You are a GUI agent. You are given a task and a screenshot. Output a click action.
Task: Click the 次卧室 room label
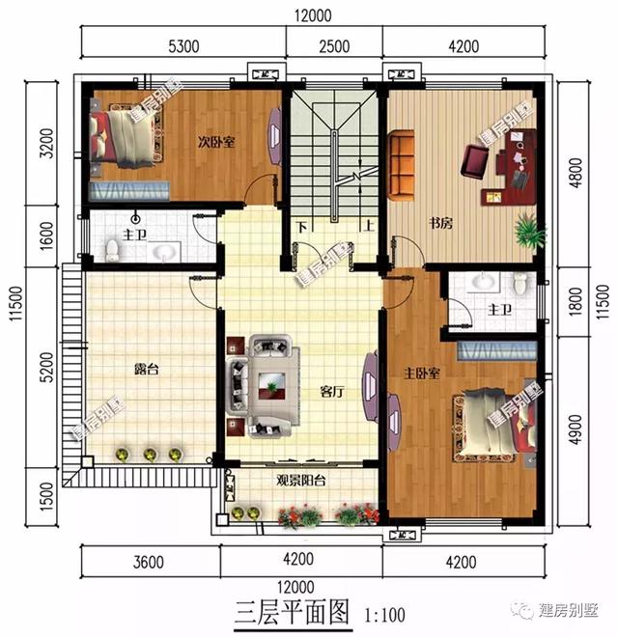[x=217, y=142]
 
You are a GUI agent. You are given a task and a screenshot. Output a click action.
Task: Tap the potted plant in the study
[x=527, y=231]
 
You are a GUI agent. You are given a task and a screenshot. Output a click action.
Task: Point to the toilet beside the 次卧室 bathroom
[x=113, y=250]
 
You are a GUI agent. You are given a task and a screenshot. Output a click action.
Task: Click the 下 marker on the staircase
[x=302, y=229]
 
